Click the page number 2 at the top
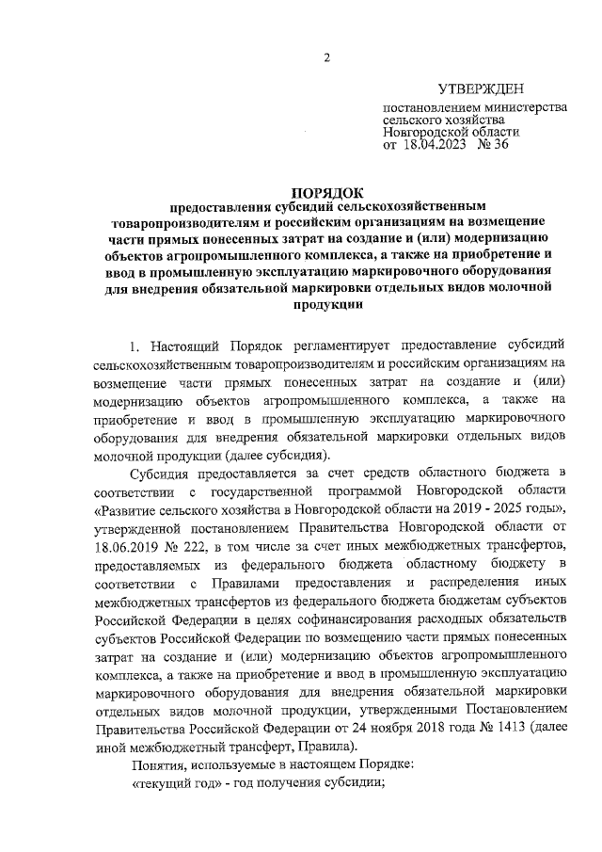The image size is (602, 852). [x=326, y=57]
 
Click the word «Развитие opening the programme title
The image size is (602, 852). [x=128, y=507]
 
